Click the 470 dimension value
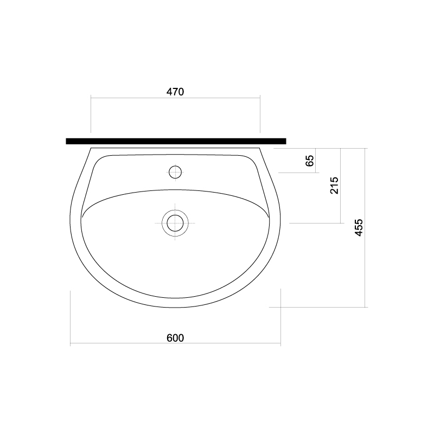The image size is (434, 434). [175, 92]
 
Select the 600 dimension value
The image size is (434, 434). [175, 338]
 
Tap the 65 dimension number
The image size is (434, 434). [310, 161]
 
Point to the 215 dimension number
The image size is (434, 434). [335, 186]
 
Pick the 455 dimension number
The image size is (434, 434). [359, 227]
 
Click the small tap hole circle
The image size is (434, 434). [175, 172]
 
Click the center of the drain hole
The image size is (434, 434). [175, 223]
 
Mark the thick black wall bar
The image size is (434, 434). [176, 141]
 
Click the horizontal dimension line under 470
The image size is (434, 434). [175, 98]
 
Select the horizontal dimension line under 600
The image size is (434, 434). [175, 343]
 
